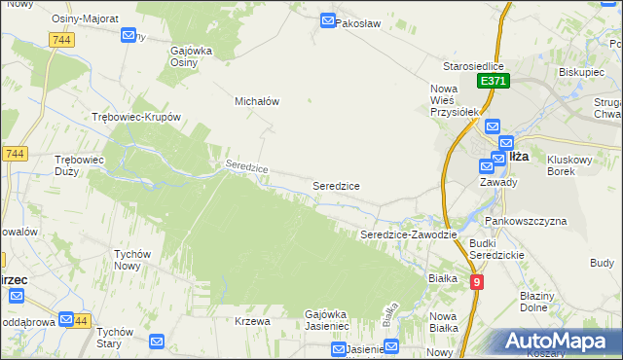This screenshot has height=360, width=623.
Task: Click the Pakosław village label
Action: (356, 21)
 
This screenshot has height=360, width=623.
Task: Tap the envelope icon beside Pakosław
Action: (328, 20)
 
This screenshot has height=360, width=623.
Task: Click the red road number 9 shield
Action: (476, 282)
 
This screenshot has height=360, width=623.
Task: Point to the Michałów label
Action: (258, 100)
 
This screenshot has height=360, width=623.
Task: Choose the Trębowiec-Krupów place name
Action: (136, 116)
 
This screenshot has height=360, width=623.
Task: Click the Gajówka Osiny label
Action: (191, 56)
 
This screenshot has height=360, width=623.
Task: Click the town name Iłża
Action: (518, 156)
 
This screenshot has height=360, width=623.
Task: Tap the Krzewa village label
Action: (251, 321)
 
